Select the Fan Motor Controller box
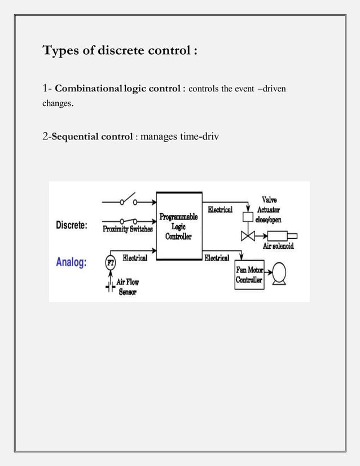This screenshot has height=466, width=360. [x=249, y=275]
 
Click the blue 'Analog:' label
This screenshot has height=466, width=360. [x=71, y=262]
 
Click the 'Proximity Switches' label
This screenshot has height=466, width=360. [x=127, y=230]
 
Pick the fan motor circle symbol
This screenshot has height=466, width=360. [x=279, y=273]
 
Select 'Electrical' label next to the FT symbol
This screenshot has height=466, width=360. [x=135, y=258]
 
